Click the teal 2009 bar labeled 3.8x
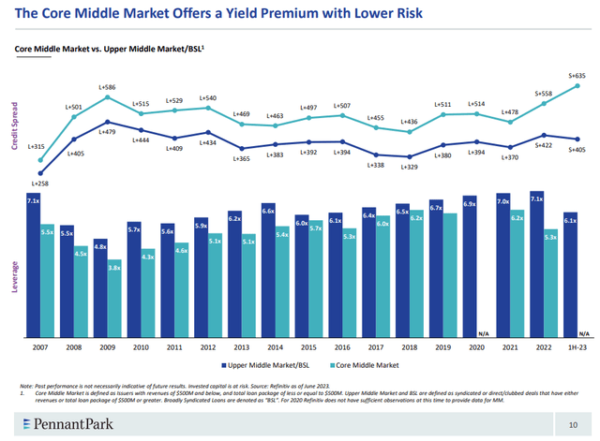pyautogui.click(x=113, y=298)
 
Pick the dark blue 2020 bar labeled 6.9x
pyautogui.click(x=470, y=266)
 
